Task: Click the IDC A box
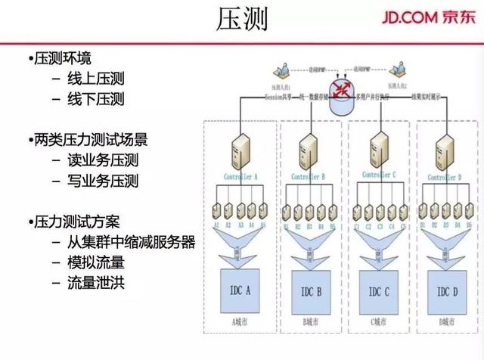(240, 290)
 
